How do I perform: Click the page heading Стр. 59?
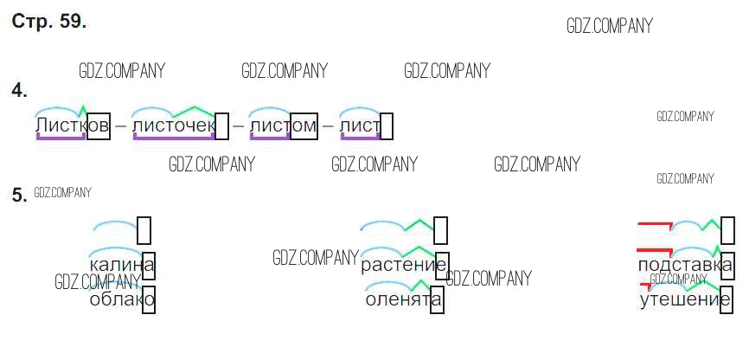[49, 22]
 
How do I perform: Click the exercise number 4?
[19, 90]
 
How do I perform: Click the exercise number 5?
[19, 196]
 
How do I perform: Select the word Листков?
[72, 127]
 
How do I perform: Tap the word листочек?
[173, 127]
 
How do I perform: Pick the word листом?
[283, 127]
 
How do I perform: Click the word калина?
[121, 264]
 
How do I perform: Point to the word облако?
[121, 299]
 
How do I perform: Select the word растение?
[403, 264]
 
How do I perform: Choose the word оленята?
[403, 299]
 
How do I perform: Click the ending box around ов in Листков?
[99, 126]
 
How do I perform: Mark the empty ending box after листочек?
[221, 126]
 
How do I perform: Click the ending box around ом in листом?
[304, 126]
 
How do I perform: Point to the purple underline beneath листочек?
[173, 138]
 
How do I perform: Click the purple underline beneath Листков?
[61, 138]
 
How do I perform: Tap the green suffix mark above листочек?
[193, 111]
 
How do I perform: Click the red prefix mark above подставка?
[654, 225]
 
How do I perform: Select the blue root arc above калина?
[115, 227]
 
